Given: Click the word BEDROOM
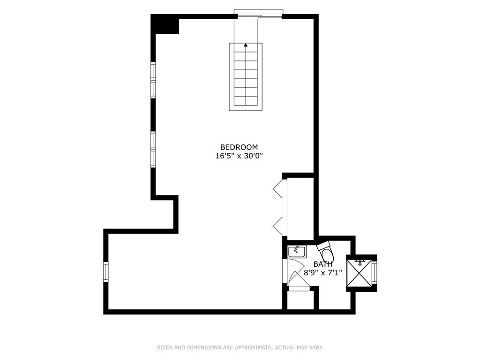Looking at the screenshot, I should (x=239, y=147).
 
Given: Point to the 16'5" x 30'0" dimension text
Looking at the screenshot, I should (x=239, y=156).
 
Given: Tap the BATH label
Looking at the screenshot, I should (x=323, y=264).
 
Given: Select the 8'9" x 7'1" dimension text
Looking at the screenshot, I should (x=323, y=272).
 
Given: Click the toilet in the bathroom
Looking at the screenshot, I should (x=326, y=252).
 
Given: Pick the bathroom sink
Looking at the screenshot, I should (x=297, y=251).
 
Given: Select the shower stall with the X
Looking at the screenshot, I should (x=359, y=273).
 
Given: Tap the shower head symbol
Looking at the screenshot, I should (x=359, y=261).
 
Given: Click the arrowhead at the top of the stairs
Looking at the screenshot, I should (x=246, y=45).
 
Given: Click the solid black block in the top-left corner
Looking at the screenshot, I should (x=165, y=24).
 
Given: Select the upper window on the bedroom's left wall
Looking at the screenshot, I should (x=153, y=80).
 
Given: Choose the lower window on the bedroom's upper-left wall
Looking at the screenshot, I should (x=153, y=149).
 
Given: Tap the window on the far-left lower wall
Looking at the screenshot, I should (x=106, y=272).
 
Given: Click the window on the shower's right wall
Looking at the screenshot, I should (x=374, y=273).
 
